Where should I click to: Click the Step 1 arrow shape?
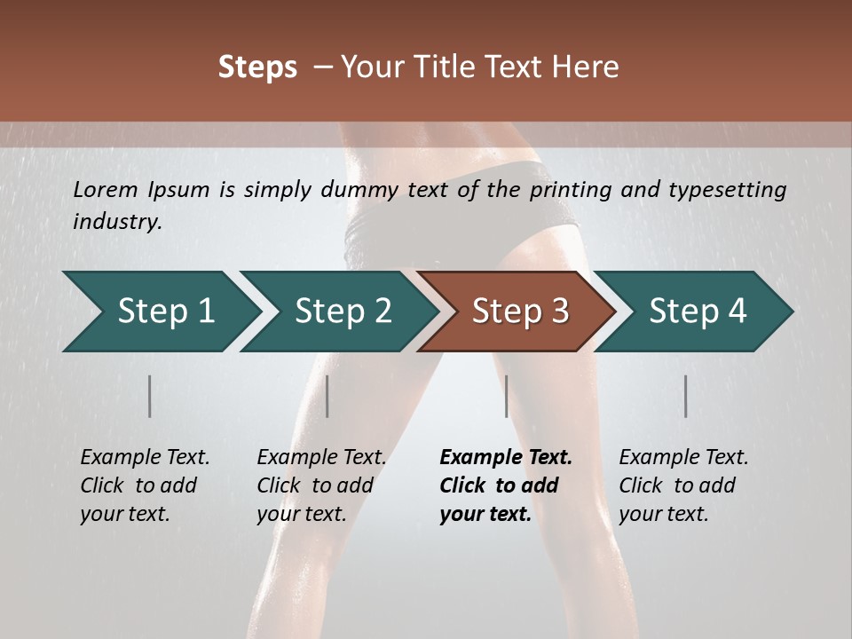(x=164, y=312)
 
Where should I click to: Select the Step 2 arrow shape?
(x=342, y=312)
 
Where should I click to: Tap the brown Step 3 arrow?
(x=519, y=312)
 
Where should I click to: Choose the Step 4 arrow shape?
(x=697, y=312)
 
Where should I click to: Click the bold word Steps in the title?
(x=257, y=67)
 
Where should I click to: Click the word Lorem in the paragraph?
(x=106, y=190)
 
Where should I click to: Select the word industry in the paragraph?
(x=117, y=222)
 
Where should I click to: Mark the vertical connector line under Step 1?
(x=150, y=396)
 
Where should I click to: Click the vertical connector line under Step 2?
(x=327, y=396)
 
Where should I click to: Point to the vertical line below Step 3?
(x=506, y=396)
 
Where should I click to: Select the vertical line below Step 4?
(x=686, y=396)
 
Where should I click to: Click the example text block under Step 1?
(x=144, y=485)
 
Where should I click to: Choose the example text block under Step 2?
(x=321, y=485)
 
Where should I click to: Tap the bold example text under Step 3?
(x=505, y=485)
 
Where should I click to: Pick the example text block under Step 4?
(x=683, y=485)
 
